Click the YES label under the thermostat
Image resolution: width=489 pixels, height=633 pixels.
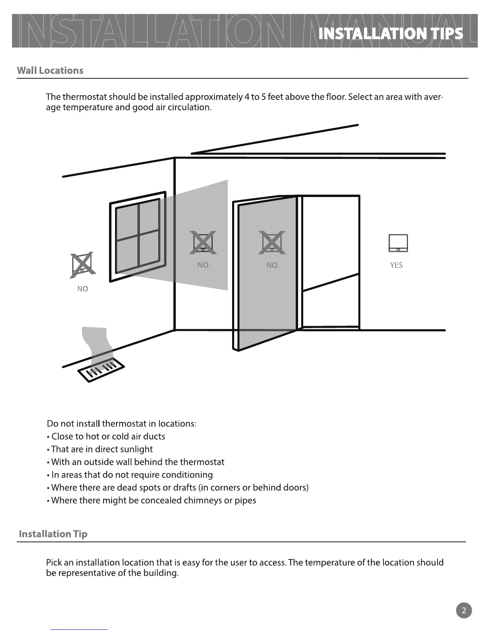point(396,265)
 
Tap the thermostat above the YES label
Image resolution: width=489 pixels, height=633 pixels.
point(398,243)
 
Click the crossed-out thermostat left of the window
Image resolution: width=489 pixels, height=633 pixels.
point(82,265)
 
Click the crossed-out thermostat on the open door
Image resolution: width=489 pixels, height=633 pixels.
point(272,243)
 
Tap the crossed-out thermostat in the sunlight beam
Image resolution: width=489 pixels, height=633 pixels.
point(203,242)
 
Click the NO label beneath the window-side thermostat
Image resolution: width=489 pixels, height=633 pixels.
point(83,289)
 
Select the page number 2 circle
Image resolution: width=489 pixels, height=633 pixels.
point(463,610)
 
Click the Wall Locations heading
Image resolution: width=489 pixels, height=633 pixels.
point(50,71)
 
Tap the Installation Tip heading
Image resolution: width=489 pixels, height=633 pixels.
point(53,534)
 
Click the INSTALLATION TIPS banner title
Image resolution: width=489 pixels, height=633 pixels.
point(391,34)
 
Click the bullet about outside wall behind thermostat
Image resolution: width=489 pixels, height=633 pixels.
point(138,462)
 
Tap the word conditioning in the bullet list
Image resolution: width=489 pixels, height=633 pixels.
point(187,475)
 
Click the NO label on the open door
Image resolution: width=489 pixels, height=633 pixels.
point(272,265)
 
